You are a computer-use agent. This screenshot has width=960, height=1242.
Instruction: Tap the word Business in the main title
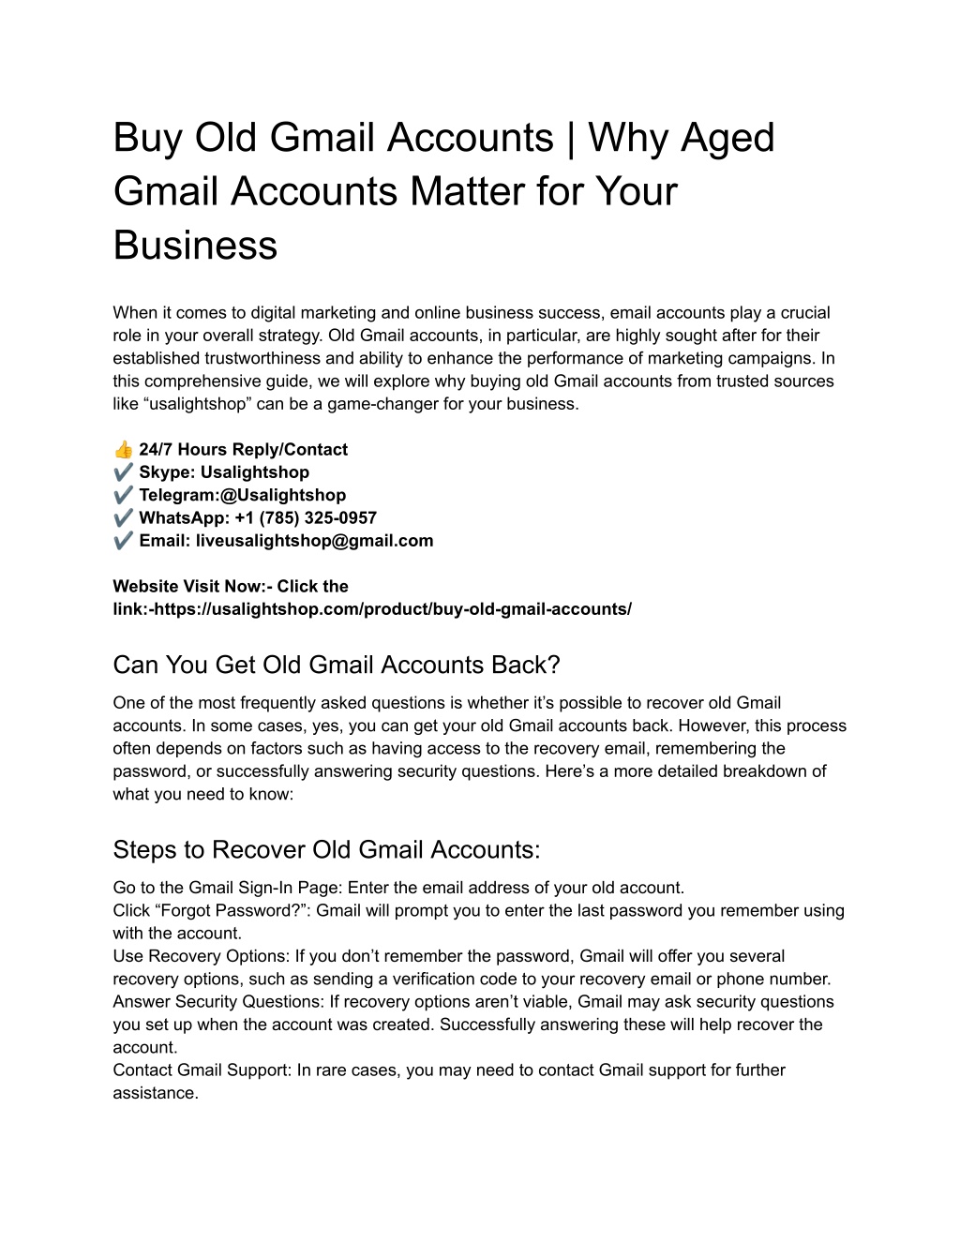195,245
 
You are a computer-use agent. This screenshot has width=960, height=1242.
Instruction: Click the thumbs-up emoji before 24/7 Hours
123,450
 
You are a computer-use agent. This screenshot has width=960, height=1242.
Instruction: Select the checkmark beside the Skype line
123,472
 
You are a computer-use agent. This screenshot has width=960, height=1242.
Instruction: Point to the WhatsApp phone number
299,517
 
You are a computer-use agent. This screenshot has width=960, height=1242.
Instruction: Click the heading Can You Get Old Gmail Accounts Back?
336,665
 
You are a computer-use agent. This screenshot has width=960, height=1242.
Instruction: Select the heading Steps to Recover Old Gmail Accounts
326,849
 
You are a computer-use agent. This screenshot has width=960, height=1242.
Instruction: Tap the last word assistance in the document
156,1093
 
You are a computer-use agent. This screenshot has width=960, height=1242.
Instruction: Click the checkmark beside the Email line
123,541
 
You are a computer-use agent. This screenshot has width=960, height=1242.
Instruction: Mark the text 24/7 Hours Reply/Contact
243,450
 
